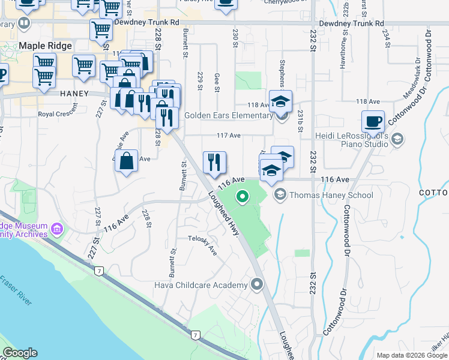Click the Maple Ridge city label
tap(46, 46)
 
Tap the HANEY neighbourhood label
tap(74, 94)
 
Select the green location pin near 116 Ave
tap(243, 196)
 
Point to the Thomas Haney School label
tap(331, 195)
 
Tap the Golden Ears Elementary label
tap(229, 115)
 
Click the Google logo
tap(20, 353)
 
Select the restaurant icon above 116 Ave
tap(214, 161)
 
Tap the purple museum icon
tap(57, 229)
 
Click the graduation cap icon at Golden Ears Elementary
tap(280, 101)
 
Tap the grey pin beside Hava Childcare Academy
tap(258, 284)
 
